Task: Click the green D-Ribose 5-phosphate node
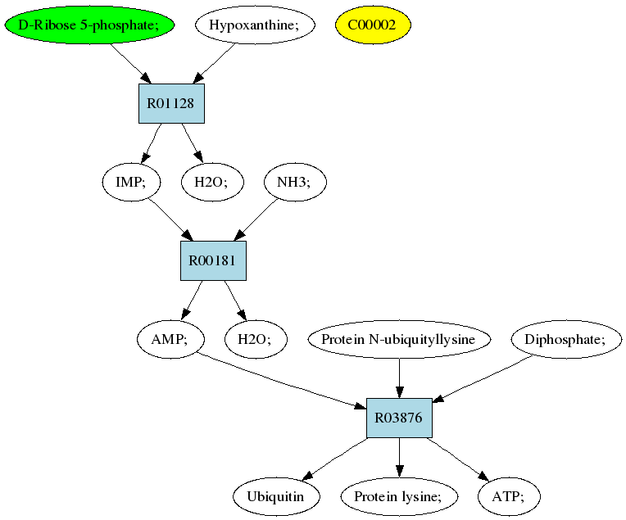[89, 25]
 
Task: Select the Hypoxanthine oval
[255, 25]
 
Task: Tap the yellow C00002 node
[373, 25]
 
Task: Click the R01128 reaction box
[172, 103]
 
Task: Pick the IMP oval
[131, 182]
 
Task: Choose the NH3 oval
[295, 182]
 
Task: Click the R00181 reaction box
[213, 260]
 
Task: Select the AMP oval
[170, 339]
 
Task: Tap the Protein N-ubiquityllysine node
[399, 339]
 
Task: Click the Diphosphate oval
[566, 339]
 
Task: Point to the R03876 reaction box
[399, 418]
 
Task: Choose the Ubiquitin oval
[277, 496]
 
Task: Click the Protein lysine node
[399, 496]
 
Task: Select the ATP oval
[509, 496]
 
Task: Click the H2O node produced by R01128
[212, 182]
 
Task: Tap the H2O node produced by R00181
[256, 339]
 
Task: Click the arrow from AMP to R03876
[282, 381]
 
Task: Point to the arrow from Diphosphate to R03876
[483, 378]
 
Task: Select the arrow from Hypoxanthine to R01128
[214, 63]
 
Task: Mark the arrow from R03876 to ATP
[458, 459]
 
